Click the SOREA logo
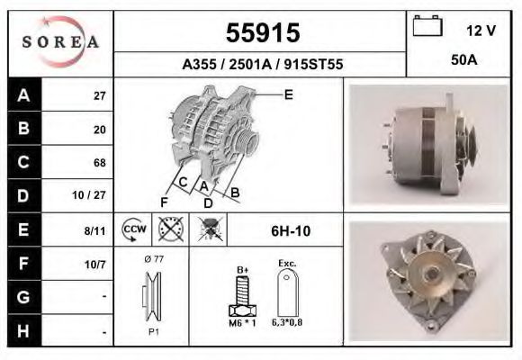pyautogui.click(x=60, y=42)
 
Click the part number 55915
pyautogui.click(x=262, y=33)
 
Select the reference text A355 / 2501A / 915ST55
pyautogui.click(x=262, y=66)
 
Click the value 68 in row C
pyautogui.click(x=99, y=163)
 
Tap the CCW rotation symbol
pyautogui.click(x=134, y=229)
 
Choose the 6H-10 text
pyautogui.click(x=291, y=230)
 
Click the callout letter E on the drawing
pyautogui.click(x=288, y=94)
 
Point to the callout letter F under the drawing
pyautogui.click(x=165, y=202)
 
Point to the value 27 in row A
pyautogui.click(x=99, y=95)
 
